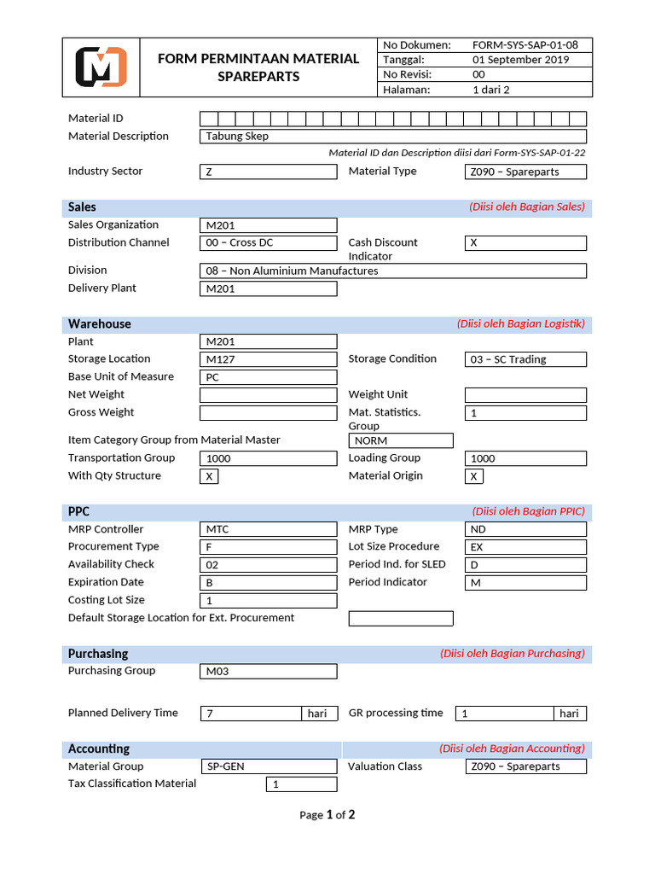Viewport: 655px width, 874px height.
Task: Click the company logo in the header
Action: click(101, 67)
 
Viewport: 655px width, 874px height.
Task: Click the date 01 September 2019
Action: click(520, 60)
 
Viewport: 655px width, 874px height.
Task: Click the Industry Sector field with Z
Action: click(269, 172)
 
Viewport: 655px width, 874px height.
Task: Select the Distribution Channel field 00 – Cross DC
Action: click(269, 243)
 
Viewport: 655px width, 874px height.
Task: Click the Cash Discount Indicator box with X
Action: click(525, 243)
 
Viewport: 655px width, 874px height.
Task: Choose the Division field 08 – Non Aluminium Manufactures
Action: click(392, 271)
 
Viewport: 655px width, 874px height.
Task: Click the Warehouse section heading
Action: click(100, 324)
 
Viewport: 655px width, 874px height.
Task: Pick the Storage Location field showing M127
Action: click(269, 359)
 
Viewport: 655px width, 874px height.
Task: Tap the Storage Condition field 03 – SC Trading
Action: click(525, 359)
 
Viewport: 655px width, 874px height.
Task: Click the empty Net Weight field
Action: click(269, 395)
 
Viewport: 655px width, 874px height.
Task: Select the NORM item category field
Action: click(401, 441)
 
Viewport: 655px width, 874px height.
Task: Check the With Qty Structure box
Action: click(209, 476)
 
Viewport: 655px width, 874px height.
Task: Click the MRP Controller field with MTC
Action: click(269, 529)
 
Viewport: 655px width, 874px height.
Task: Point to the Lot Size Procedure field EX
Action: click(525, 547)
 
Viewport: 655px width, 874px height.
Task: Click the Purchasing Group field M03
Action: click(269, 672)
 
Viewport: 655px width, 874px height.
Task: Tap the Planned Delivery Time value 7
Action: click(251, 714)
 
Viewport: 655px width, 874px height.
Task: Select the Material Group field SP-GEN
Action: click(269, 766)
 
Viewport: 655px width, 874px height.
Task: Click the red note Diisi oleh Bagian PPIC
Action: click(528, 511)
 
